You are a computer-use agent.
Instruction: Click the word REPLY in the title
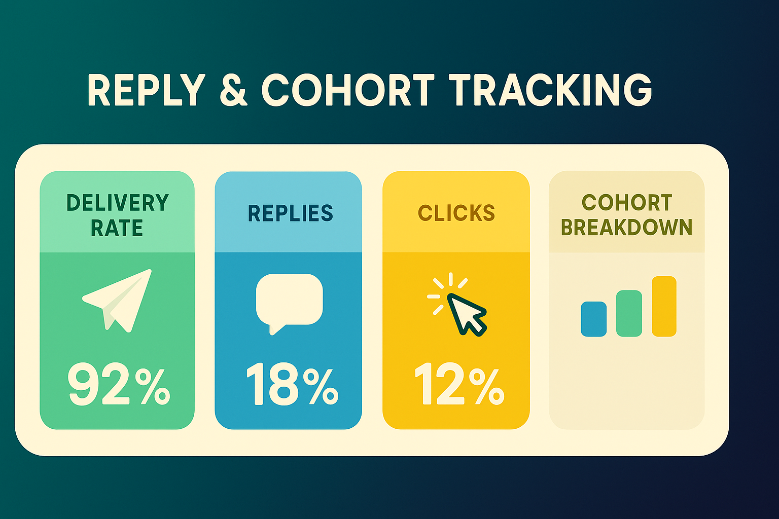point(146,90)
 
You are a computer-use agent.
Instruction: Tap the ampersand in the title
point(233,90)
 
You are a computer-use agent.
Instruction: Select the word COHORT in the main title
point(348,90)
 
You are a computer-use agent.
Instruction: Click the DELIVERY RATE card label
point(117,215)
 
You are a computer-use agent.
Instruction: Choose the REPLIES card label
point(290,213)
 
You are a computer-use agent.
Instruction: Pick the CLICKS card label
point(456,213)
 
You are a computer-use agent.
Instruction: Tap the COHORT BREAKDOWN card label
point(626,215)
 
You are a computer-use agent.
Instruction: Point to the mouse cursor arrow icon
point(466,314)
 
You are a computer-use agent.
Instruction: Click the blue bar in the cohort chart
point(593,319)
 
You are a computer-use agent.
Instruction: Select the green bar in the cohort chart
point(629,313)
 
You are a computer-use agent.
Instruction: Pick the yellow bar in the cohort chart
point(664,306)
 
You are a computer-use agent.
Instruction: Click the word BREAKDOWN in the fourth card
point(626,228)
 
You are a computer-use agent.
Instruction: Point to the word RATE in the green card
point(117,228)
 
